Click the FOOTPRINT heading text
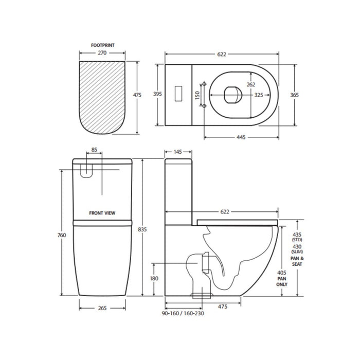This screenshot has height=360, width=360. point(102,45)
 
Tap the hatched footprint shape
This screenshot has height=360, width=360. point(103,95)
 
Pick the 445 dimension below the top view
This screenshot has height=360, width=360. point(241,137)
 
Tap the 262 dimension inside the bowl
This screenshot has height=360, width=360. point(250,85)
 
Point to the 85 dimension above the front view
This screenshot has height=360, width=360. point(94,151)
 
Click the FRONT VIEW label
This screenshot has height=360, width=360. point(102,212)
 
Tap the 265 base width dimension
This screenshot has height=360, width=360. point(102,309)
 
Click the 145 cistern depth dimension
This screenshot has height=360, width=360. point(177,152)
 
